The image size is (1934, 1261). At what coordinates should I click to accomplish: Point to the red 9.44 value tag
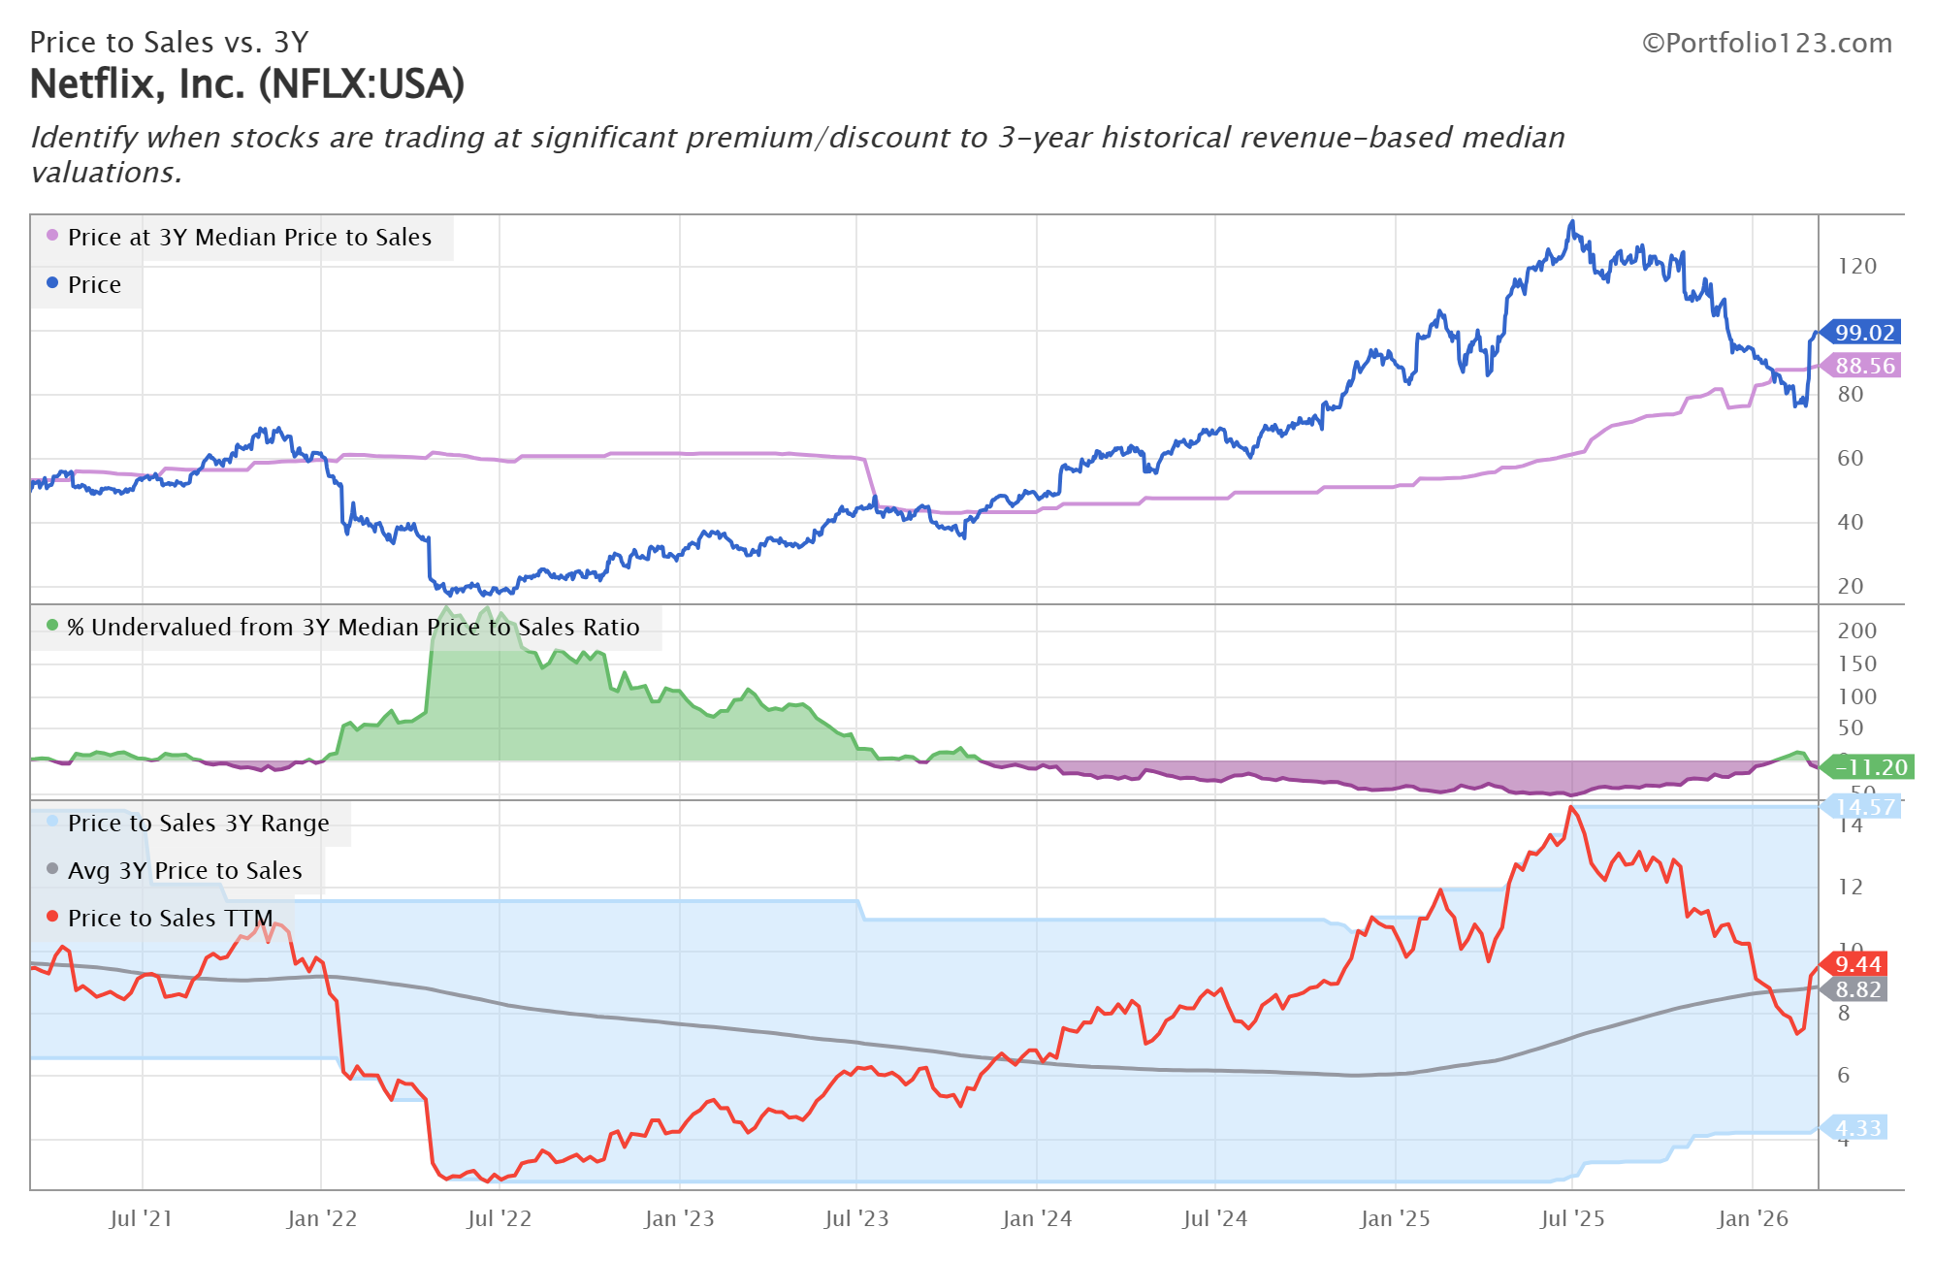(1857, 964)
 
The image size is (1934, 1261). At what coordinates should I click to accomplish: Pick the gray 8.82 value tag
(1857, 989)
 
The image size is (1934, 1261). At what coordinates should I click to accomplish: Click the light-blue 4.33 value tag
(1857, 1128)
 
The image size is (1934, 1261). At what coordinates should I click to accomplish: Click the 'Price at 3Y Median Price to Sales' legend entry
(249, 238)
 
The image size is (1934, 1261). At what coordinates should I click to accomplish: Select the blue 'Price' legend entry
(94, 285)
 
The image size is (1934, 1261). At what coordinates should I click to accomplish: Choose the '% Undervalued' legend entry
(353, 628)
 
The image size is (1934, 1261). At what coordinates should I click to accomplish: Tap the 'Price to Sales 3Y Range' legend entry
(198, 824)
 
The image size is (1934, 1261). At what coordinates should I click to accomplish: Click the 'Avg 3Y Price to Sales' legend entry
(184, 871)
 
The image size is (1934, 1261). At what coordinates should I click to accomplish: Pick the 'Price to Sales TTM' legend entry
(170, 919)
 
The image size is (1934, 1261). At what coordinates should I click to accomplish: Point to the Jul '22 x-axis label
(499, 1219)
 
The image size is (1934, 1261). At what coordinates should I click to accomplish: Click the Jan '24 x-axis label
(1036, 1219)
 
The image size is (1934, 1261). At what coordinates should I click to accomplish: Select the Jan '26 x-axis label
(1752, 1219)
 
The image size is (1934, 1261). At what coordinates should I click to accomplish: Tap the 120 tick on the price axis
(1856, 267)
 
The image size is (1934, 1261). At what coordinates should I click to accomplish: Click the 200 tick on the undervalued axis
(1856, 630)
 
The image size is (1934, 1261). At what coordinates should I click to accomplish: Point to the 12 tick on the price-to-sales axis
(1850, 888)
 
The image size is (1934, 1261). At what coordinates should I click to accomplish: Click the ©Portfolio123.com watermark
(1766, 44)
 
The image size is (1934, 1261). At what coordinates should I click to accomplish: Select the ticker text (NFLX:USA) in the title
(362, 84)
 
